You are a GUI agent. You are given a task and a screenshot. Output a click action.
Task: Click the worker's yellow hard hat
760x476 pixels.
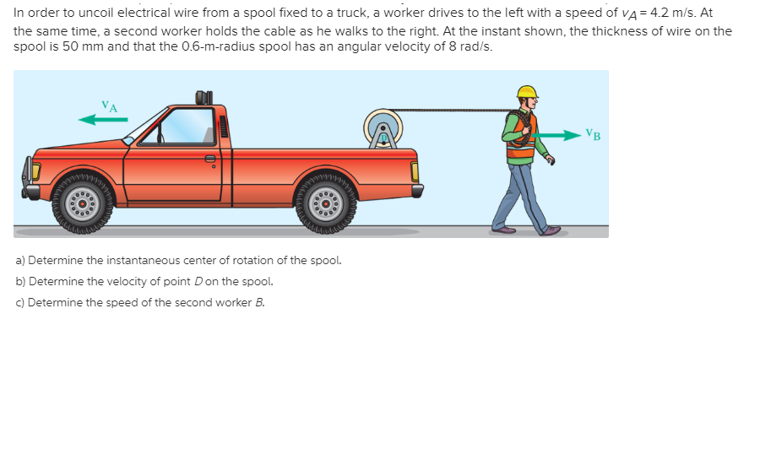[x=527, y=91]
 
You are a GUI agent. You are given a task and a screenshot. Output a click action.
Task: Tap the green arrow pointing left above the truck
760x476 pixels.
[x=103, y=120]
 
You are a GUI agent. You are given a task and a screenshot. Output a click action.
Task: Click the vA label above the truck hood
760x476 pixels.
[x=109, y=105]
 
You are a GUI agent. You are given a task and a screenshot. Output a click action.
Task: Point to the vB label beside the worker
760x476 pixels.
[x=594, y=134]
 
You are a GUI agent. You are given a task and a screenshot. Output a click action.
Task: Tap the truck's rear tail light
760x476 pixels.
[x=415, y=172]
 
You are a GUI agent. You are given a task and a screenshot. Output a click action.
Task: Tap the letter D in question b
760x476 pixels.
[x=199, y=282]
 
